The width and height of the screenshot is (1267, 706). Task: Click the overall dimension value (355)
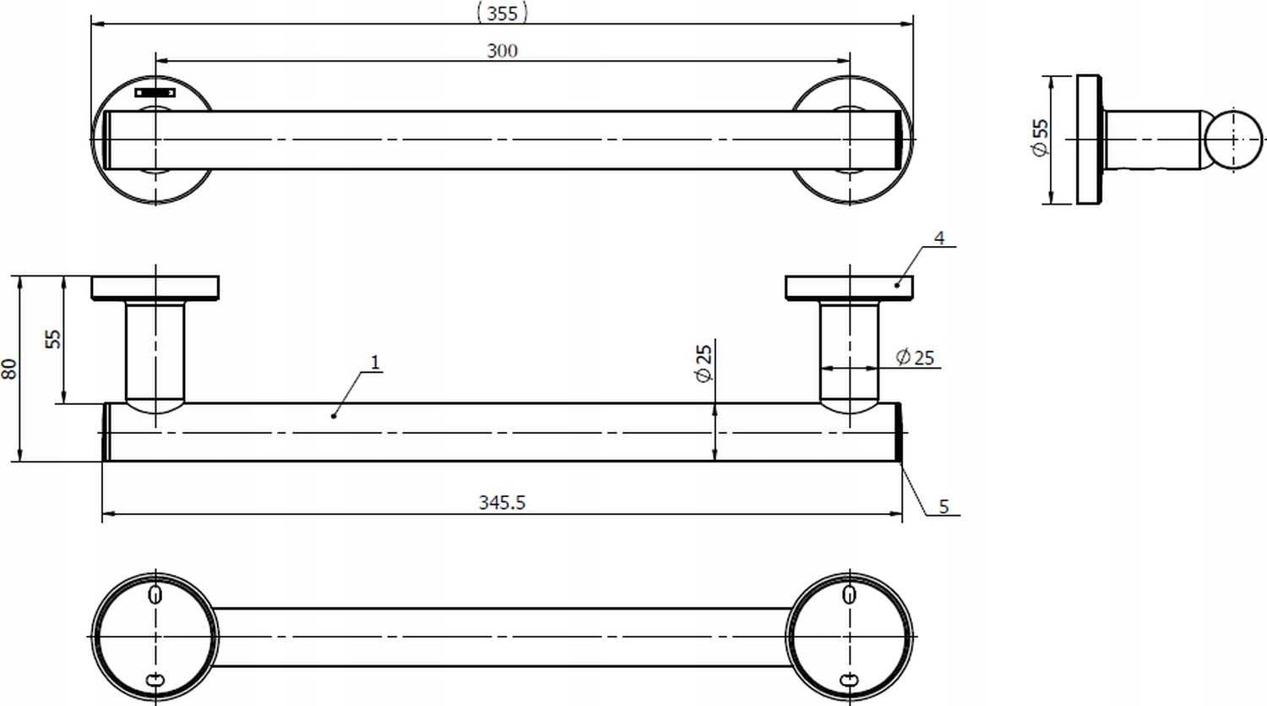coord(503,13)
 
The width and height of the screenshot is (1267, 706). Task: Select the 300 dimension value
coord(503,51)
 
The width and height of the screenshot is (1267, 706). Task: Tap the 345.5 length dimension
coord(503,502)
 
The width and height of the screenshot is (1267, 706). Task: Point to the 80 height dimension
coord(9,369)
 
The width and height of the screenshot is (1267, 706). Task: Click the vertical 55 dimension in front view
coord(53,339)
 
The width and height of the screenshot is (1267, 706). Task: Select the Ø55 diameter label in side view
coord(1040,138)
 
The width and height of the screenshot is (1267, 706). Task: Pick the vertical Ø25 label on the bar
coord(704,364)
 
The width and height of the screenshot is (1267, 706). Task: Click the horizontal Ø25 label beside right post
coord(915,358)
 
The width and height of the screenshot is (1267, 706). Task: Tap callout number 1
coord(376,362)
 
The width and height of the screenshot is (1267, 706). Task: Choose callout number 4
coord(939,238)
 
